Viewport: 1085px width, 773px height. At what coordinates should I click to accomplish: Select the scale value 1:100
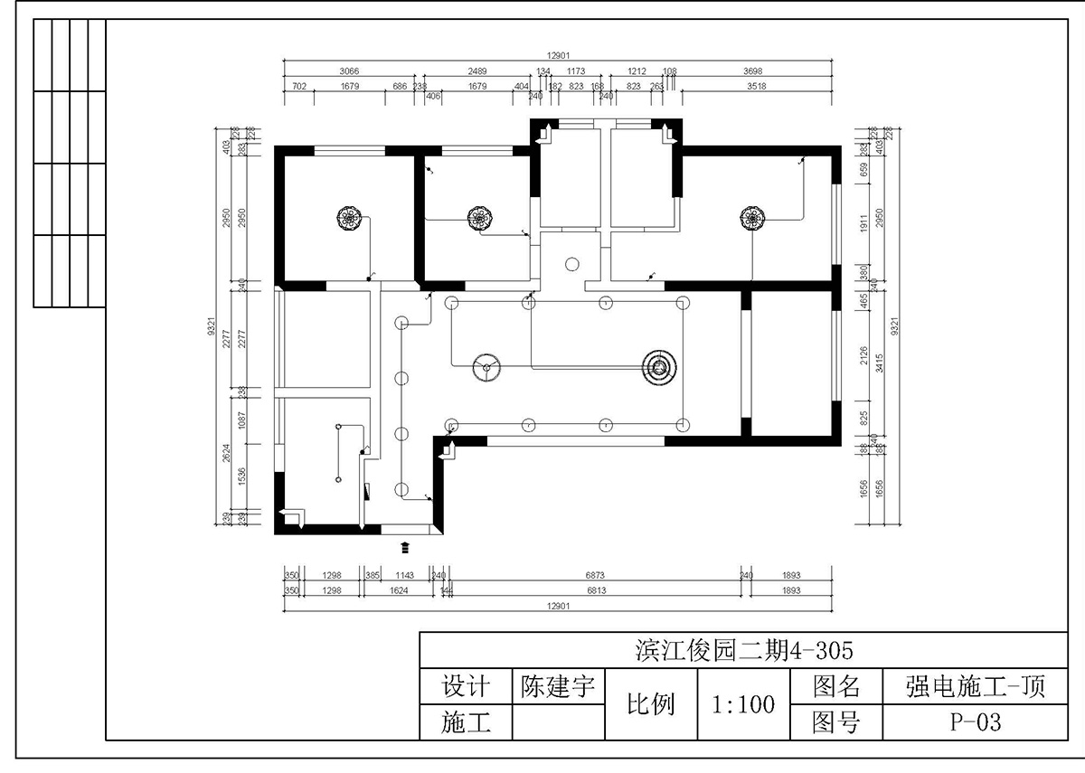coord(743,704)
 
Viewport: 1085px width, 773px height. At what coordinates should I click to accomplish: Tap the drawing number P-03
coord(976,721)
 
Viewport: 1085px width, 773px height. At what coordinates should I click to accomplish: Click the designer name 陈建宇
coord(558,687)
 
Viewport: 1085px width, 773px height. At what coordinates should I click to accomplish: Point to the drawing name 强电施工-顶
coord(975,687)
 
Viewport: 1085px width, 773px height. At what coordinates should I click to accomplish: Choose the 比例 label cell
coord(651,704)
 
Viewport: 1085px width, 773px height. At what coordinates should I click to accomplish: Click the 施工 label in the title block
coord(466,721)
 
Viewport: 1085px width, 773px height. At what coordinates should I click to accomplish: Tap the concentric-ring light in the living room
coord(659,366)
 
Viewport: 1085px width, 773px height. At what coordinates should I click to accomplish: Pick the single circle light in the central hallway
coord(571,265)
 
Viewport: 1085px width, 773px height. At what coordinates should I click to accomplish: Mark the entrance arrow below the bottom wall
coord(404,546)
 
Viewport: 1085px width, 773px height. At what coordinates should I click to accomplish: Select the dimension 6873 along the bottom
coord(594,575)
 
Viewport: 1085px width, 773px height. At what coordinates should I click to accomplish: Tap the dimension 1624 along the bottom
coord(399,590)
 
